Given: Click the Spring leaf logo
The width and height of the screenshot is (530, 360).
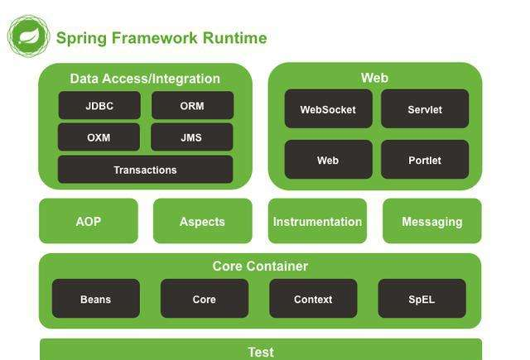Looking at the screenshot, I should click(29, 36).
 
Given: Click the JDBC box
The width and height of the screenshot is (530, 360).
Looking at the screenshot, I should click(99, 106).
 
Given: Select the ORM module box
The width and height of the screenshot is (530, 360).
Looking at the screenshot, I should click(192, 106).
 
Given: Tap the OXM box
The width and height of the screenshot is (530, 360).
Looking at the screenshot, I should click(99, 137).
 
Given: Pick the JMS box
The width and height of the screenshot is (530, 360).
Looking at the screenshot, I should click(191, 137).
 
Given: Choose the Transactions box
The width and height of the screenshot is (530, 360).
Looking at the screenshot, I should click(145, 170).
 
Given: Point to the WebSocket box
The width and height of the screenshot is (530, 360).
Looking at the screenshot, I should click(328, 109).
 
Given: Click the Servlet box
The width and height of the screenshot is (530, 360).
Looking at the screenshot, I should click(425, 109).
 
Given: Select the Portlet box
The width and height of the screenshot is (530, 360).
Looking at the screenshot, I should click(425, 160).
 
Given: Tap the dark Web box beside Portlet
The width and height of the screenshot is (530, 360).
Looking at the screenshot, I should click(328, 160).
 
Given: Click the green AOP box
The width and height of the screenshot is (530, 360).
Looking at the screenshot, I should click(89, 221).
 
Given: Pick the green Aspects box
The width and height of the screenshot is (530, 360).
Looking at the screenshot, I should click(202, 221).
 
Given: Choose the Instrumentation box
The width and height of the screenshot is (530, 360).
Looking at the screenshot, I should click(317, 221).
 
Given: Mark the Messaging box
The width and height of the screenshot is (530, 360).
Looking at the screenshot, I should click(431, 221).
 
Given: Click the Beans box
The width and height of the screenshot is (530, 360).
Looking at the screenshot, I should click(95, 299).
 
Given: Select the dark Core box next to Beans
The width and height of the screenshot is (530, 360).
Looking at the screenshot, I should click(205, 299).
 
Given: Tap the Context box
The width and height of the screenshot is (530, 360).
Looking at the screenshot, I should click(313, 299).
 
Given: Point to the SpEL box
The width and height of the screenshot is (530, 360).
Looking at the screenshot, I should click(422, 299).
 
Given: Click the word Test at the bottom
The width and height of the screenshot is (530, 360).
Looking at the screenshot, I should click(261, 352).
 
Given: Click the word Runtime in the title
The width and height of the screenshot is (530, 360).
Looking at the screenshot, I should click(235, 38).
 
